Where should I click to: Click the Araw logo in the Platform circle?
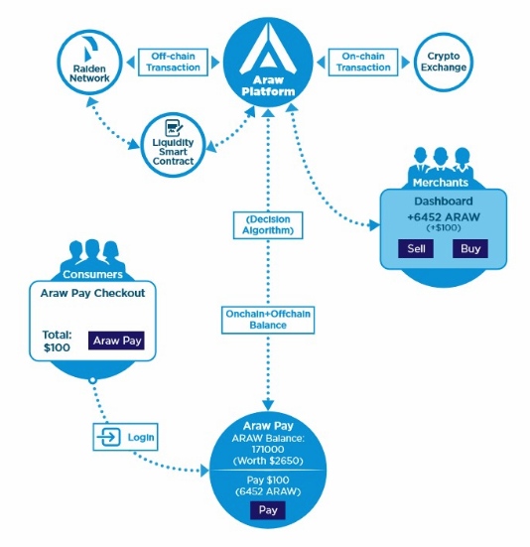[x=268, y=49]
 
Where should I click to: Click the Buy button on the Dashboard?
[x=470, y=249]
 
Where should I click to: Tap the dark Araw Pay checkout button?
[x=116, y=341]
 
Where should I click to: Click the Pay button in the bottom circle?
[x=268, y=510]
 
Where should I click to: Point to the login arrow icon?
[x=109, y=437]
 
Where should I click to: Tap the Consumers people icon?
[x=92, y=252]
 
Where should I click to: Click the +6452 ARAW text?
[x=444, y=217]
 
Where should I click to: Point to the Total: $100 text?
[x=57, y=342]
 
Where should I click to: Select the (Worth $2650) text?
[x=268, y=461]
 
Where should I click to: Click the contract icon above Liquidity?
[x=174, y=128]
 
